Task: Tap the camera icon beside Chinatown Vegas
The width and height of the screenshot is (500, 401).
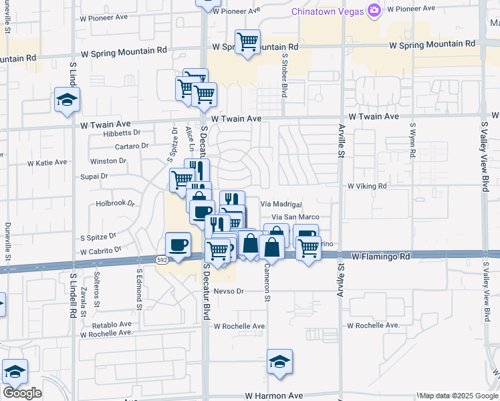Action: point(374,10)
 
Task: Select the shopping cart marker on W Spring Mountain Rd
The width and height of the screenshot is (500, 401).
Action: point(247,42)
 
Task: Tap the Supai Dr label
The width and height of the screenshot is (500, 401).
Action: point(94,176)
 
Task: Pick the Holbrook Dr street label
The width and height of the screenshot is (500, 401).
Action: point(116,203)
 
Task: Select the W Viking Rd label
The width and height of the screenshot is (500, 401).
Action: point(367,186)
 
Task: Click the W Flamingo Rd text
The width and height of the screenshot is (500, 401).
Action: point(380,255)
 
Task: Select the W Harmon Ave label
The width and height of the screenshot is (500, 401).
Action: point(274,396)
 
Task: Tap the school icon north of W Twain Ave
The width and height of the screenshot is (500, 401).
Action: point(67,100)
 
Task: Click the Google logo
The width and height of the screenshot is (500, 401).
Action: point(21,393)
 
